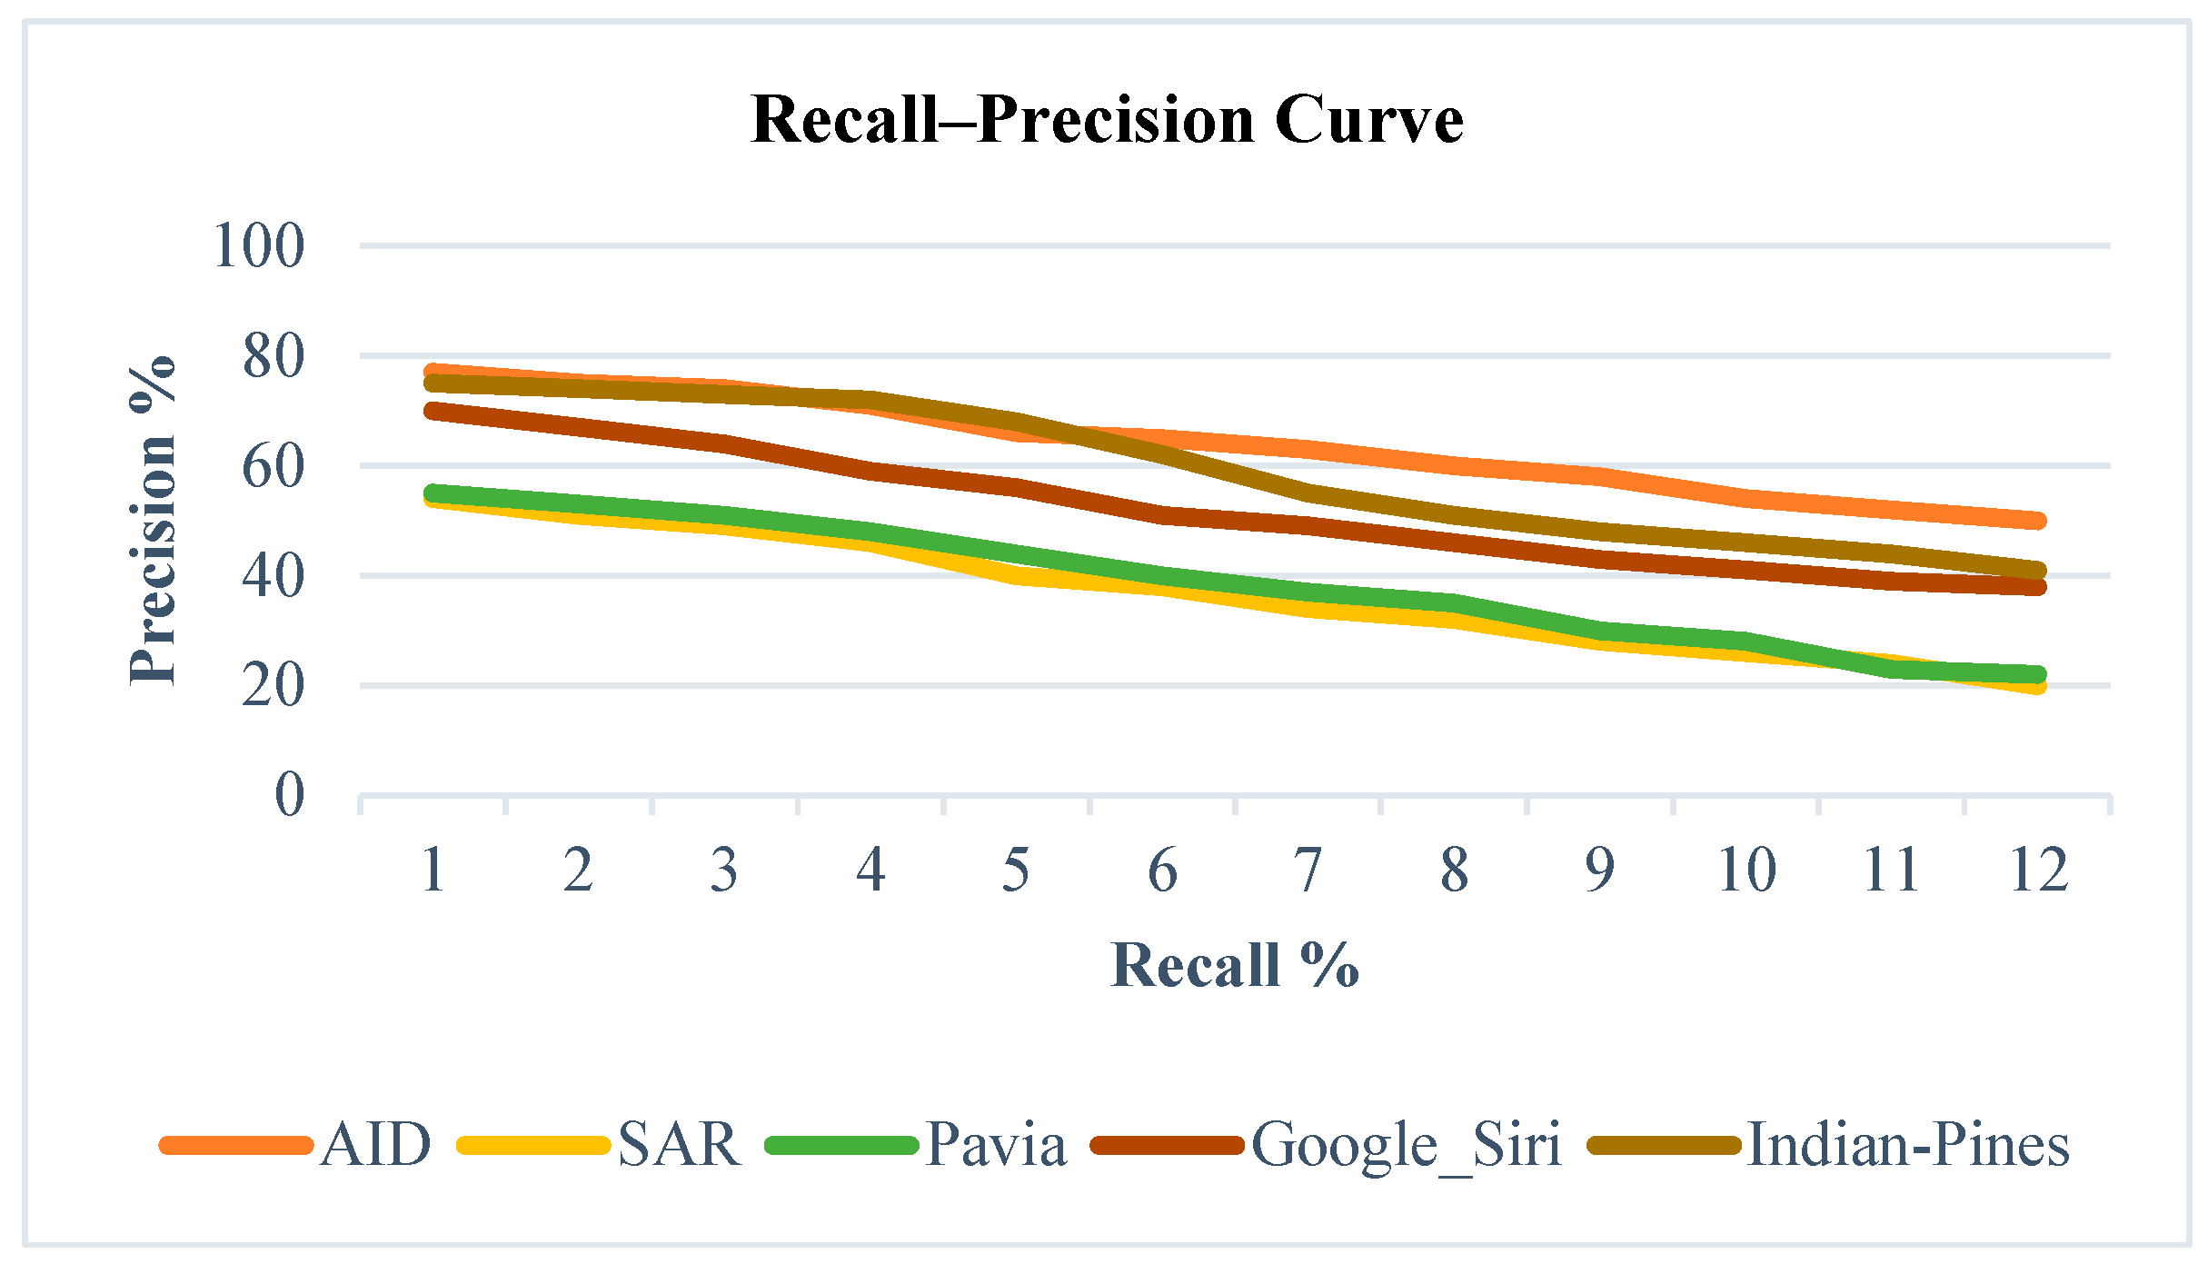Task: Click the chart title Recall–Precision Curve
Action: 1107,120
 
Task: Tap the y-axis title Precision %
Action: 152,520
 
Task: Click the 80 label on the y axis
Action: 273,356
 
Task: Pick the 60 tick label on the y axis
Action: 273,467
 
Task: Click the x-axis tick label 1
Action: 433,870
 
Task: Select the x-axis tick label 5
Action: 1016,870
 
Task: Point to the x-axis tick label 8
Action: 1454,870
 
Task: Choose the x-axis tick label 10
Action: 1746,870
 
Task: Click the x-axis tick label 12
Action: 2039,870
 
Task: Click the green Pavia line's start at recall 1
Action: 433,493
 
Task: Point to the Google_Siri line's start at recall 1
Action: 433,411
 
